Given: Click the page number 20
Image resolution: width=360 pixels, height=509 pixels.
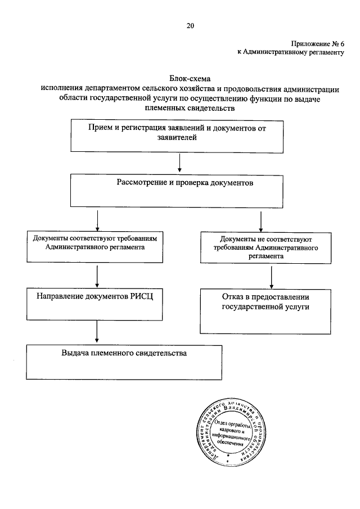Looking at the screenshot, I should (x=190, y=25).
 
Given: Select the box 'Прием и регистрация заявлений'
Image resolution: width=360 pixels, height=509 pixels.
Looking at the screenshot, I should (x=177, y=136).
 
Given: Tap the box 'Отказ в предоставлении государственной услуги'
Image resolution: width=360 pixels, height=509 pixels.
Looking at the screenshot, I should (x=265, y=310).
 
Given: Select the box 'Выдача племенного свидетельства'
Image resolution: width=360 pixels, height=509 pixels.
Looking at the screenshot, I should (x=123, y=361).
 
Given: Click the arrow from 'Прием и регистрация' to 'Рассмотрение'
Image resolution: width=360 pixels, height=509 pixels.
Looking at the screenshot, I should (x=179, y=163).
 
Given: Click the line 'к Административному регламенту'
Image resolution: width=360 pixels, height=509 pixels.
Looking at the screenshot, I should (x=290, y=52).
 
